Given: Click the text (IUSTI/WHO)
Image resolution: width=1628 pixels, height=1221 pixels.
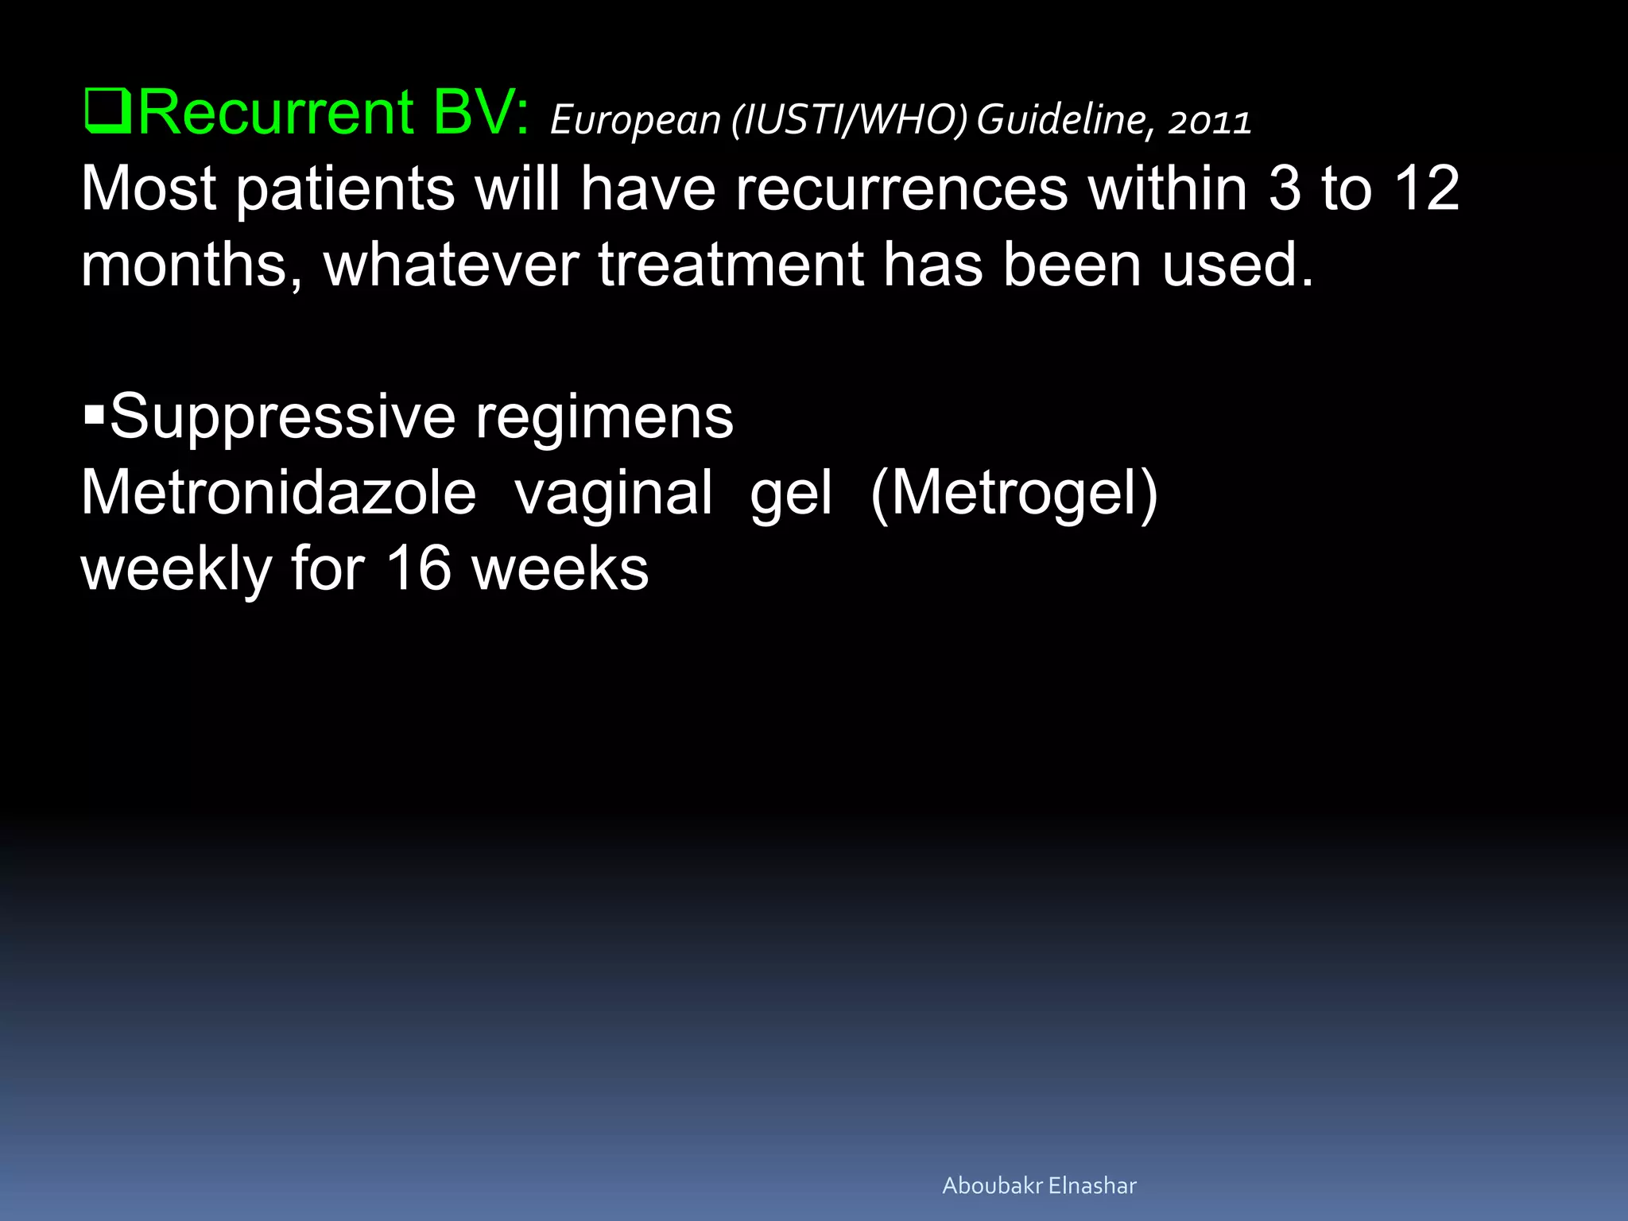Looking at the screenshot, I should point(849,120).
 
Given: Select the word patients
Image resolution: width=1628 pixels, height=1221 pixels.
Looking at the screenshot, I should point(346,189).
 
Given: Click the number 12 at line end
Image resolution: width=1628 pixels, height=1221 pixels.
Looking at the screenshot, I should point(1427,189).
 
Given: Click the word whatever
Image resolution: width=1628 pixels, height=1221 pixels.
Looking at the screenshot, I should point(451,265).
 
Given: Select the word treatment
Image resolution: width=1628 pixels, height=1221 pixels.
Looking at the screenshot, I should point(731,265).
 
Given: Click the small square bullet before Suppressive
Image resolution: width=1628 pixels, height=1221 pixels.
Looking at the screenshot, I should point(94,414).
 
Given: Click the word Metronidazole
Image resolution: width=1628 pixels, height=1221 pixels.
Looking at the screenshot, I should point(278,492).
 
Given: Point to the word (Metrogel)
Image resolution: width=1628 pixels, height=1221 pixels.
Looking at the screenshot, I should point(1014,494).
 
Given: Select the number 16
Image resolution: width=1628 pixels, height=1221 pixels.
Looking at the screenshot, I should point(418,568).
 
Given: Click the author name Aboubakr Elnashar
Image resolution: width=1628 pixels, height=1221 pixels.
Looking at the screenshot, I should point(1039,1185).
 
